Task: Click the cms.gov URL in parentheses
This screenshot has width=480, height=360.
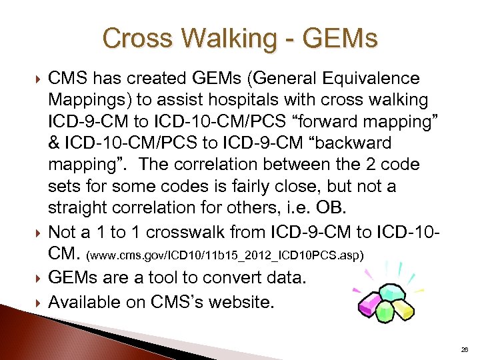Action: coord(227,255)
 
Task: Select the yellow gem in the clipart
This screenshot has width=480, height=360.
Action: coord(403,306)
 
